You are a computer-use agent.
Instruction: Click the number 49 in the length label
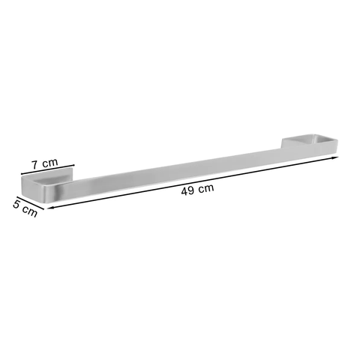pyautogui.click(x=187, y=190)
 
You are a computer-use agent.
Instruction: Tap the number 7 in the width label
pyautogui.click(x=35, y=165)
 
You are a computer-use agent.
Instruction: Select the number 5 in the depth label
pyautogui.click(x=16, y=204)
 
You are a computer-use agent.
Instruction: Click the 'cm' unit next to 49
pyautogui.click(x=206, y=187)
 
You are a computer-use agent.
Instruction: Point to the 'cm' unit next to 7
pyautogui.click(x=50, y=163)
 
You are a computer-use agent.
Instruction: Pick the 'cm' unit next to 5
pyautogui.click(x=29, y=212)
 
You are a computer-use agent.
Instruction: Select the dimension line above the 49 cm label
pyautogui.click(x=193, y=182)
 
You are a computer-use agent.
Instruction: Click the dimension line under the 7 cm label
pyautogui.click(x=48, y=169)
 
